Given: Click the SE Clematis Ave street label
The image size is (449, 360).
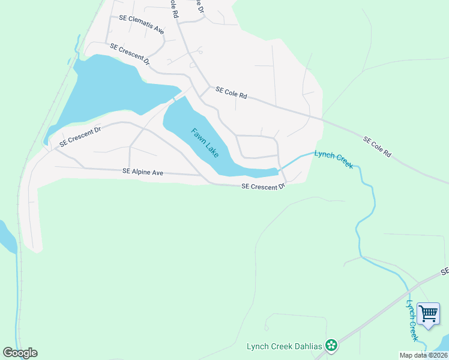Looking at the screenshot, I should (x=142, y=25).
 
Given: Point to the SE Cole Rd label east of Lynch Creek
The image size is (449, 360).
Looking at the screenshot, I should (x=377, y=147).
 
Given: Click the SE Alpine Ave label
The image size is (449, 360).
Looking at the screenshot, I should (x=143, y=172).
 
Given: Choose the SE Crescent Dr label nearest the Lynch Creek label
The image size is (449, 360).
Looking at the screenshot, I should (x=263, y=187).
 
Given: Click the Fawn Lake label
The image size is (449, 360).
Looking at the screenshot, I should (x=205, y=143).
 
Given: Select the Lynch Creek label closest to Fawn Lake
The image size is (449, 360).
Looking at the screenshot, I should (x=334, y=160).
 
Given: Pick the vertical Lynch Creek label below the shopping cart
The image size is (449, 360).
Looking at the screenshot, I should (x=412, y=321).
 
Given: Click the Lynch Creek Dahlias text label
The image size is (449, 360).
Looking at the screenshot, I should (x=285, y=346).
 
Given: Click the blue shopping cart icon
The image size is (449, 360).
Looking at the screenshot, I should (x=429, y=313).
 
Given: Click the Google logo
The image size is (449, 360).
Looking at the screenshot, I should (x=20, y=353).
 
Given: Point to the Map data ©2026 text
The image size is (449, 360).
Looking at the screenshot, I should (x=424, y=355).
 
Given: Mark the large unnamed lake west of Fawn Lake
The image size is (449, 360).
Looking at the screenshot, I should (x=108, y=90).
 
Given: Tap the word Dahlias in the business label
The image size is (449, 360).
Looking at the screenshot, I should (x=307, y=346).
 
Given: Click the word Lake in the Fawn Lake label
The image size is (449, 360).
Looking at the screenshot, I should (x=211, y=149).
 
